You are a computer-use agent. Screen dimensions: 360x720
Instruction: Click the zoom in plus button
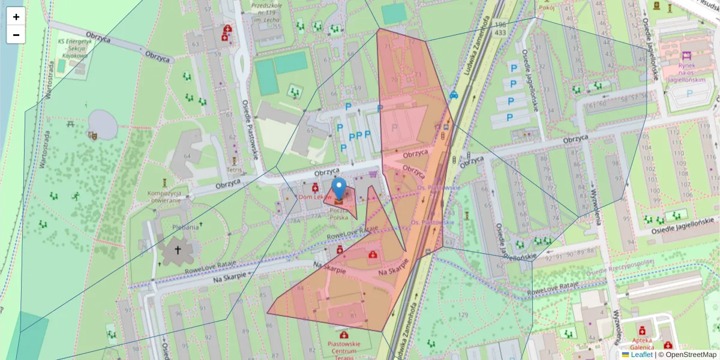pyautogui.click(x=16, y=17)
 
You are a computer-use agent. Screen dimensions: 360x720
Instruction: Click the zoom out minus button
pyautogui.click(x=16, y=35)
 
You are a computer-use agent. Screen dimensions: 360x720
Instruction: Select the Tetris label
pyautogui.click(x=234, y=170)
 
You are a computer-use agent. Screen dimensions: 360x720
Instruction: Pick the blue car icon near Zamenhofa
pyautogui.click(x=454, y=95)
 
